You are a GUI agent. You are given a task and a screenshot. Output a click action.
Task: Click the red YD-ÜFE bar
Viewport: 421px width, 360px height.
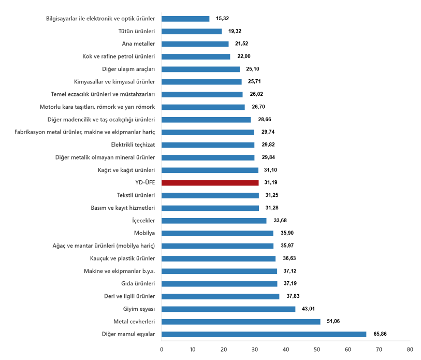[x=210, y=183]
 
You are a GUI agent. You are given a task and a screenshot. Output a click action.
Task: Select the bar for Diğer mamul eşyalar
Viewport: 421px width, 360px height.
[x=264, y=334]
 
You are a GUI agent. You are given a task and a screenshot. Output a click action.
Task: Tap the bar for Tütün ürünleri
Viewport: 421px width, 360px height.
[x=192, y=32]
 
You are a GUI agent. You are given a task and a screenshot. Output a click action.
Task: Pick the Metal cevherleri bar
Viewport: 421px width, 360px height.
[x=241, y=322]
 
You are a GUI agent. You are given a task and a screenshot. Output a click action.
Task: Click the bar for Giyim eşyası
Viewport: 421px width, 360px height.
[x=228, y=309]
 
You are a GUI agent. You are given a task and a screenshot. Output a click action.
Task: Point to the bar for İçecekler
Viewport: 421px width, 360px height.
[x=214, y=221]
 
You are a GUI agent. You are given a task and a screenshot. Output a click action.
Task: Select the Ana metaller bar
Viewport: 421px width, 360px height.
[x=195, y=44]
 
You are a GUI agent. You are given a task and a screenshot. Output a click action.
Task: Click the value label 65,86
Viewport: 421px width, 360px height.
[x=380, y=334]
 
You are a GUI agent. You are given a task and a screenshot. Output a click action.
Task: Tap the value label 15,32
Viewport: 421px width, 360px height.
[x=223, y=19]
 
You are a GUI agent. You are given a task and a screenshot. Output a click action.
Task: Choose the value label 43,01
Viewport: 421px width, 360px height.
[x=309, y=309]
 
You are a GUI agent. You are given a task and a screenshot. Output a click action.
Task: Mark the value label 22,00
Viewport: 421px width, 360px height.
[x=243, y=56]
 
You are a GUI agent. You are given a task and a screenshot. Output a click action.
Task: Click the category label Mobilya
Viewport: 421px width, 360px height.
[x=144, y=233]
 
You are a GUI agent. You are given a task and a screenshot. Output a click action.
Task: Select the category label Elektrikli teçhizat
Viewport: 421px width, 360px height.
[x=133, y=145]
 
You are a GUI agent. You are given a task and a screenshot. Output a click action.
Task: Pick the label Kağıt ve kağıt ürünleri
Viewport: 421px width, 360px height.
[x=126, y=170]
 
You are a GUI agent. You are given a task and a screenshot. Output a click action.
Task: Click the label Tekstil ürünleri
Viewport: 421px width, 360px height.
[x=136, y=195]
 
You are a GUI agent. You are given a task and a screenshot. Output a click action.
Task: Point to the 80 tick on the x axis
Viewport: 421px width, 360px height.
[x=410, y=350]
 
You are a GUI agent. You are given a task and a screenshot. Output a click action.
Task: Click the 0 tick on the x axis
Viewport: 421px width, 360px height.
[x=162, y=350]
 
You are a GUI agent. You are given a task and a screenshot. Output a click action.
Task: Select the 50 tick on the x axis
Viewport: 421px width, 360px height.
[x=317, y=350]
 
